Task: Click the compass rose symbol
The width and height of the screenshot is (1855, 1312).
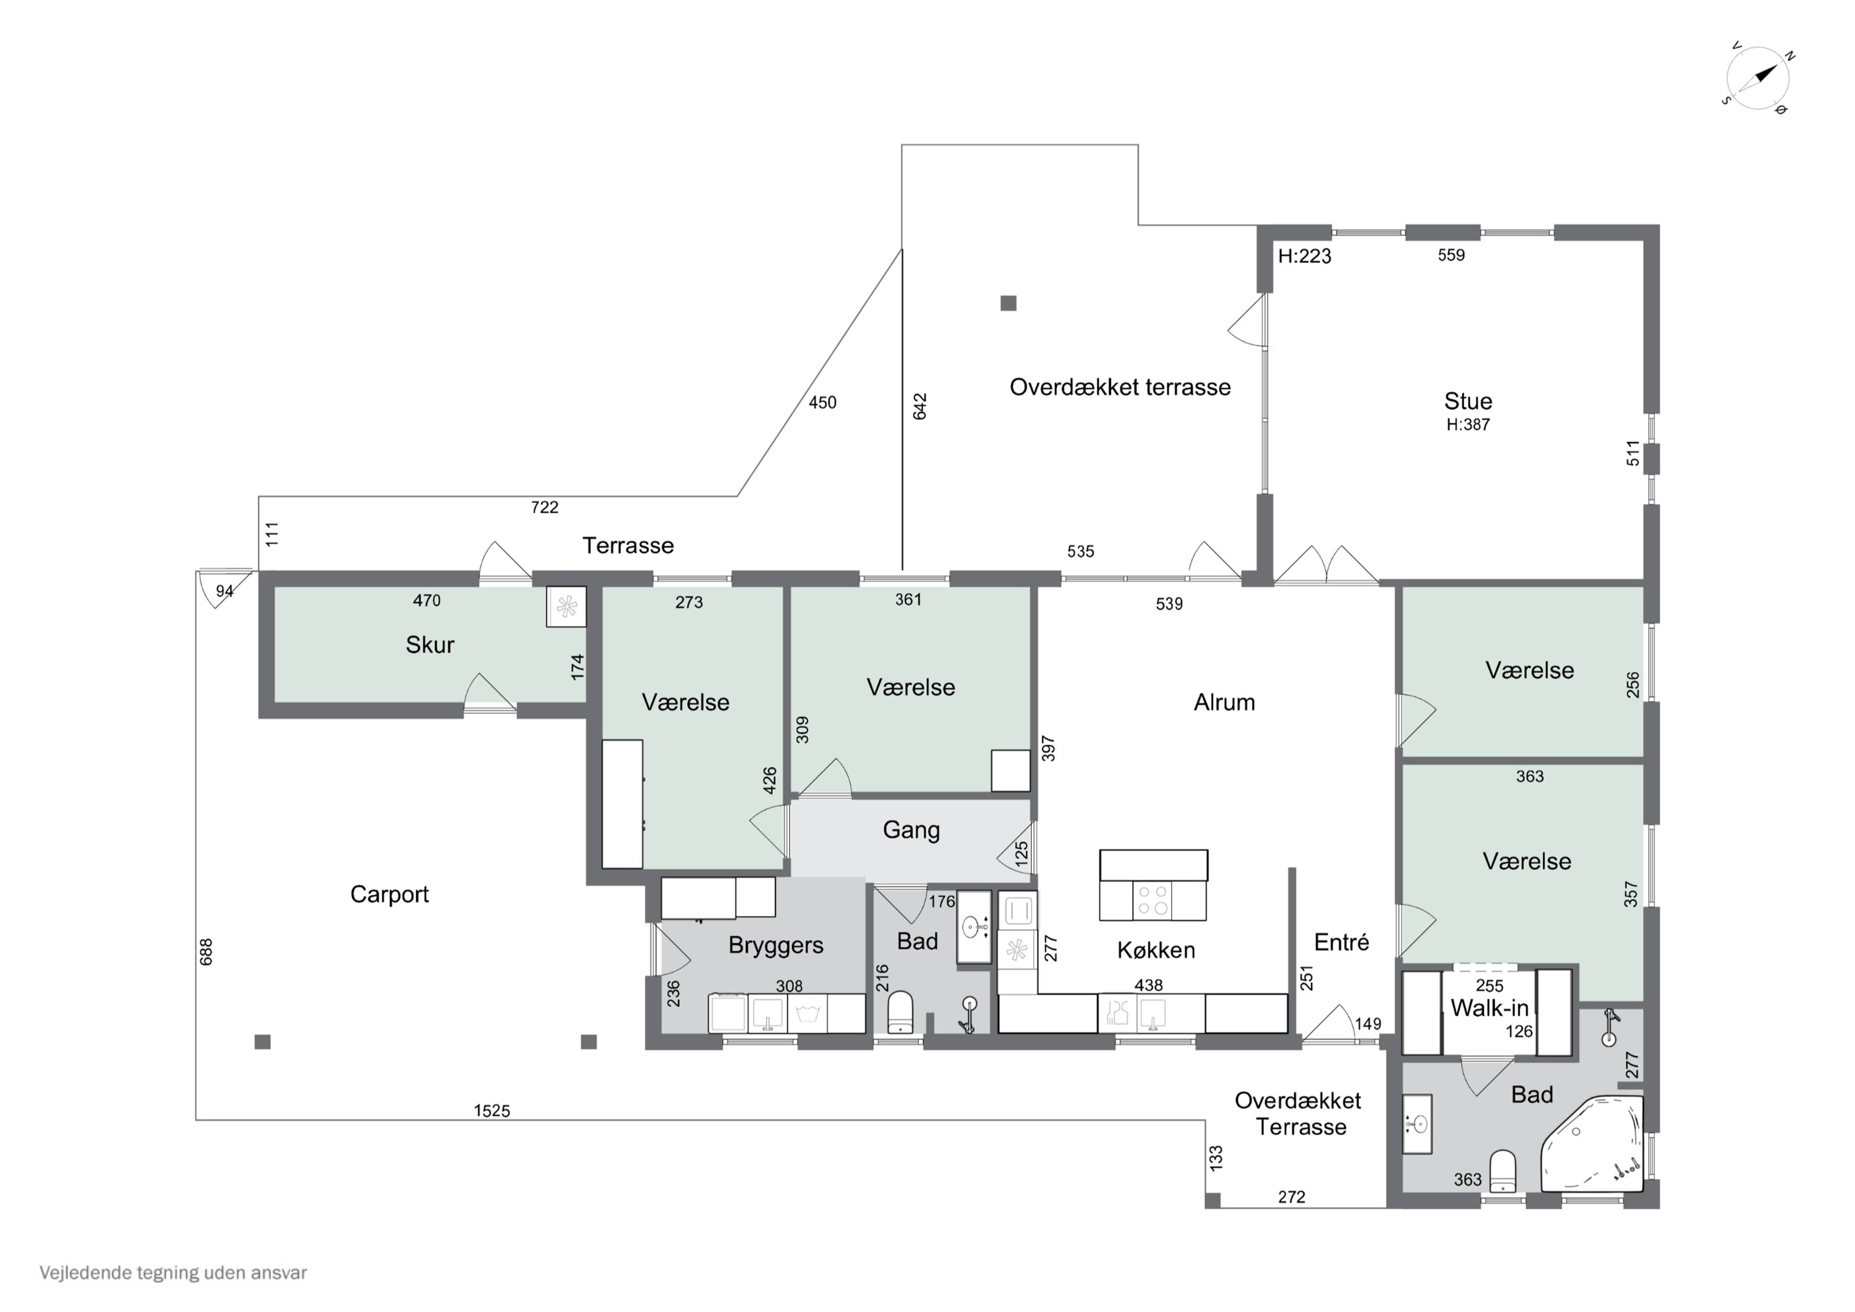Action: coord(1757,79)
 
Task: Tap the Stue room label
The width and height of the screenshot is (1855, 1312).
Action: coord(1468,401)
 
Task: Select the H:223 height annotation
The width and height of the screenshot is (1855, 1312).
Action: coord(1305,256)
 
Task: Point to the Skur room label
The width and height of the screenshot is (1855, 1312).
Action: coord(430,645)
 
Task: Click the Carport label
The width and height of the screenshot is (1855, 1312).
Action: coord(390,894)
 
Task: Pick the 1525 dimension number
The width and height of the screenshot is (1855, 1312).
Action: coord(492,1111)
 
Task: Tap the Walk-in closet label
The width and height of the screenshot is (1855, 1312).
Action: coord(1490,1008)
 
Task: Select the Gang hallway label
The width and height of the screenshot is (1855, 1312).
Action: coord(911,830)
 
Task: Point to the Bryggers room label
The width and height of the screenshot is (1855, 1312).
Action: coord(775,945)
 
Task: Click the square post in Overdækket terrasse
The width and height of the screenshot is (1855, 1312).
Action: coord(1009,303)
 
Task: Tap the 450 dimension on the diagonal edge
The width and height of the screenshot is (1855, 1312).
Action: coord(822,403)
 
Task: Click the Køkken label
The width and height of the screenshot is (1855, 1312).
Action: coord(1156,950)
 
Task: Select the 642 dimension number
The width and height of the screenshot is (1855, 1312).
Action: coord(920,406)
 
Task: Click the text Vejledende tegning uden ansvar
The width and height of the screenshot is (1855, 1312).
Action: coord(173,1272)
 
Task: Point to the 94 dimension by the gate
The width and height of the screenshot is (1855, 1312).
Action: coord(224,591)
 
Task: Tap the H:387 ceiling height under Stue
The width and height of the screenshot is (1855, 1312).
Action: coord(1468,424)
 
